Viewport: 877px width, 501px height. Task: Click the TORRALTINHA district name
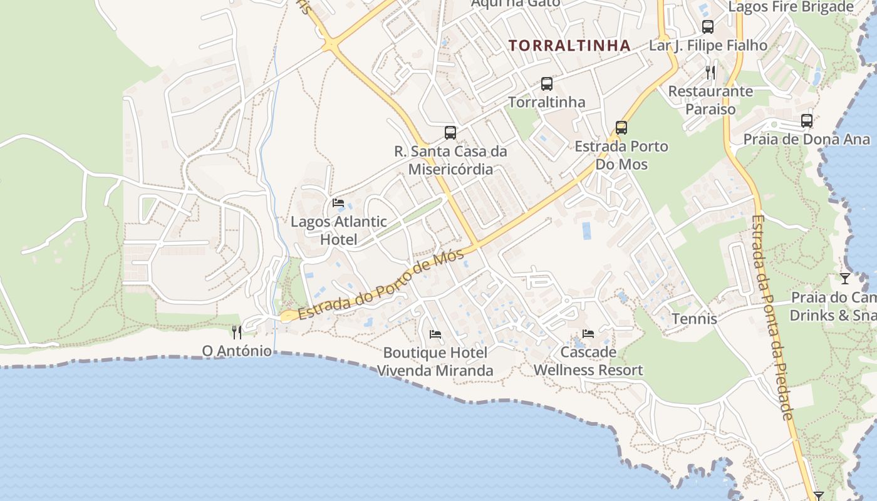[569, 46]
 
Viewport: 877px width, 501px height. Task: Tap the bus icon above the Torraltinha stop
[547, 83]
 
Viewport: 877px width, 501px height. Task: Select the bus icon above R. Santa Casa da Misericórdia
[450, 132]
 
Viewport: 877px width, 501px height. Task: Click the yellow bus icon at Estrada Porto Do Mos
[621, 128]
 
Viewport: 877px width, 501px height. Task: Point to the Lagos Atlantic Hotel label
[339, 230]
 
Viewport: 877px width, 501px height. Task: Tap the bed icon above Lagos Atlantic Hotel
[338, 202]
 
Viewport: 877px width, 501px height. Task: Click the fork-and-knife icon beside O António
[237, 332]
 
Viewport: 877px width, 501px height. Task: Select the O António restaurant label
[237, 351]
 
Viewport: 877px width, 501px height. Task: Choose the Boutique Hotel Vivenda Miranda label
[435, 362]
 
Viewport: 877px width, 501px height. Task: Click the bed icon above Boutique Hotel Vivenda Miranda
[435, 334]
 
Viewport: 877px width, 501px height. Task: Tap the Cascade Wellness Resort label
[588, 361]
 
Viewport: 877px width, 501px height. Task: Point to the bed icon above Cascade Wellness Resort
[588, 333]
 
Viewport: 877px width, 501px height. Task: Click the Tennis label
[694, 319]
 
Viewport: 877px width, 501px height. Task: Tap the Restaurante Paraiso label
[710, 100]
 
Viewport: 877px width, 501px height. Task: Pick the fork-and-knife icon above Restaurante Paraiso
[710, 72]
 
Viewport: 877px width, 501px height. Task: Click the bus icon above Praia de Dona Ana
[807, 120]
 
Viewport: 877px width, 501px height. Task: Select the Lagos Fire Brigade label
[791, 7]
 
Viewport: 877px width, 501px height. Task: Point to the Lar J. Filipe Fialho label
[708, 46]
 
